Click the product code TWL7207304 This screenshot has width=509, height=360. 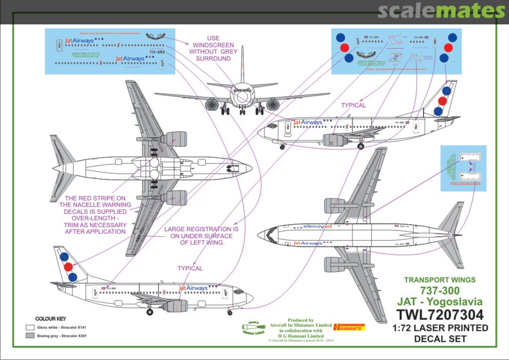(440, 314)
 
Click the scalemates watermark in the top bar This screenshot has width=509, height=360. (441, 11)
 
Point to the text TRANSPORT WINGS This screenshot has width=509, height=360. (440, 280)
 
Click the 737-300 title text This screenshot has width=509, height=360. (440, 290)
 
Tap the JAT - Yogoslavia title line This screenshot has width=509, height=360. (440, 302)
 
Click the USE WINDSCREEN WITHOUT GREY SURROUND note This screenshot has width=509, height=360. (213, 49)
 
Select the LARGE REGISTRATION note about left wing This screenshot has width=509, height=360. (201, 236)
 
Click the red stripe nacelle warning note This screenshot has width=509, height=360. (95, 215)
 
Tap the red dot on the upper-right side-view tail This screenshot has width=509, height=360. (442, 101)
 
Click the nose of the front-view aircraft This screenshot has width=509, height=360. (242, 97)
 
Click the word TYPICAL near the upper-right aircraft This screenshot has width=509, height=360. (353, 105)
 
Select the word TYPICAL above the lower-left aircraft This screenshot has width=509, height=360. (190, 268)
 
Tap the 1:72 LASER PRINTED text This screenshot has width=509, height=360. (440, 328)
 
